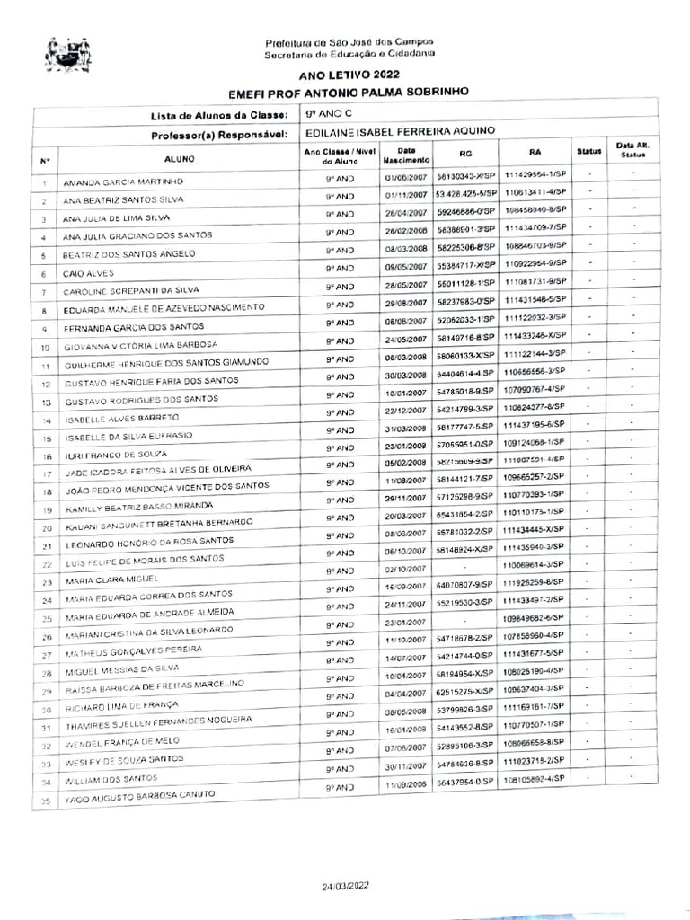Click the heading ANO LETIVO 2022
click(x=350, y=75)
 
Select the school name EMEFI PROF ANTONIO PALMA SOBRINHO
click(x=349, y=92)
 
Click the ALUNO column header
click(x=175, y=159)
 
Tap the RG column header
click(x=464, y=154)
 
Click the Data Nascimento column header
click(x=406, y=155)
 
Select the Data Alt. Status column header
click(x=628, y=149)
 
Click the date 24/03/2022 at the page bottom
click(x=346, y=886)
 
